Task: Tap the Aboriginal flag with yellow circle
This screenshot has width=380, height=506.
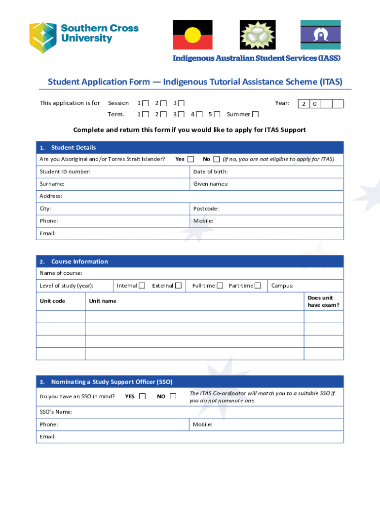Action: click(192, 35)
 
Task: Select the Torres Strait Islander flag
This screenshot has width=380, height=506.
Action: click(320, 35)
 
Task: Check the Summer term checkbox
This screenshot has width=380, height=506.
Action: click(255, 115)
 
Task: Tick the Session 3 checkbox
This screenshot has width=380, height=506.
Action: click(181, 103)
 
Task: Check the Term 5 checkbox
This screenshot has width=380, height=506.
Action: click(217, 115)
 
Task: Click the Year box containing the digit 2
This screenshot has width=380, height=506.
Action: click(304, 104)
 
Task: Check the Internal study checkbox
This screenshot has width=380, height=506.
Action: click(142, 286)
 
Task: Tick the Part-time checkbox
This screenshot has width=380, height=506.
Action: click(258, 286)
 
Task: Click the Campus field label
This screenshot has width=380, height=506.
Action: click(282, 286)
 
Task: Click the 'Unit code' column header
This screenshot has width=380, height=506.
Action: click(52, 301)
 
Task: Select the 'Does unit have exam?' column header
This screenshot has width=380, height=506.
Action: click(323, 301)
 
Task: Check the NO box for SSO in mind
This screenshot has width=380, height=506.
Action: click(173, 396)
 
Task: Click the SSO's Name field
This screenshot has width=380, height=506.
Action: click(197, 412)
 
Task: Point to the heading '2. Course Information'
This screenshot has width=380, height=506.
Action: click(79, 261)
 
